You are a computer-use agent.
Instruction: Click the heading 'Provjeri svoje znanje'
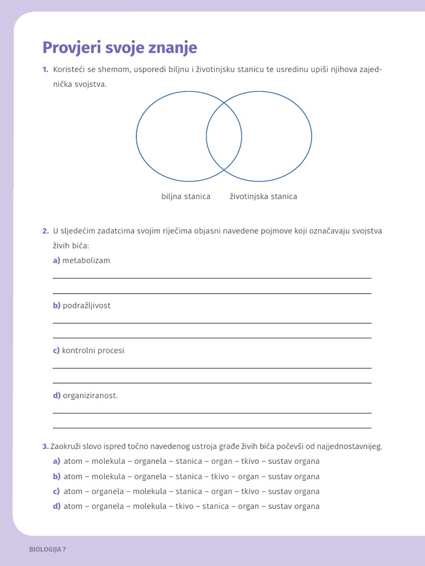[120, 48]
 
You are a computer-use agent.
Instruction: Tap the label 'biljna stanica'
[186, 196]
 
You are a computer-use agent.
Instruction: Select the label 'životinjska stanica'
[263, 196]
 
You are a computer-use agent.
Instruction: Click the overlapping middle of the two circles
[224, 136]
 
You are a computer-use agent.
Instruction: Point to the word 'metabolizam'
[86, 260]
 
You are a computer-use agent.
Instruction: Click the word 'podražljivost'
[86, 306]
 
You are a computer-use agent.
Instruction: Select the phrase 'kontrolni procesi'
[94, 350]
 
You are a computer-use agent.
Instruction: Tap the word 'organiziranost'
[90, 395]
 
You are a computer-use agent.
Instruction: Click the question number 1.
[45, 69]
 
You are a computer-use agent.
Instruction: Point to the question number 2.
[45, 230]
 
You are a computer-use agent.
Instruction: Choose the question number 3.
[45, 446]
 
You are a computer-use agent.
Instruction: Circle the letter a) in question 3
[56, 461]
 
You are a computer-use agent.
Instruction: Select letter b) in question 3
[56, 476]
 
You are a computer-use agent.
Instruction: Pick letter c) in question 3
[56, 491]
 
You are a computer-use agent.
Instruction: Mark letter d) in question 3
[56, 506]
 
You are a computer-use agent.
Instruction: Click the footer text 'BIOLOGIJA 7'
[48, 549]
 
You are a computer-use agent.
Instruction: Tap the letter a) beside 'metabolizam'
[56, 260]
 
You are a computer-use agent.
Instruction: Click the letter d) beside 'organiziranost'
[56, 395]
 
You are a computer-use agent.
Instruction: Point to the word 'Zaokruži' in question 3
[65, 446]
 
